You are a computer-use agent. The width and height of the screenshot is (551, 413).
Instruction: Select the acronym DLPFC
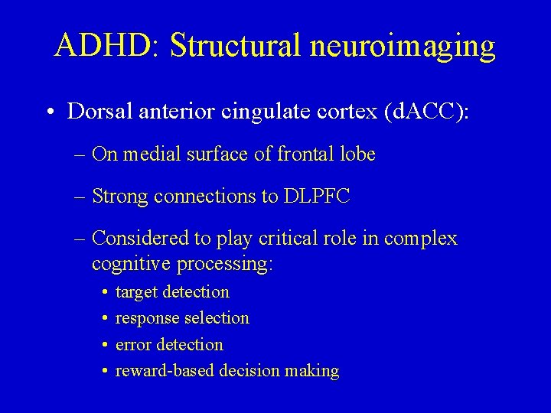click(x=316, y=197)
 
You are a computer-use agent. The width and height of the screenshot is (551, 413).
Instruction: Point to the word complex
click(x=423, y=239)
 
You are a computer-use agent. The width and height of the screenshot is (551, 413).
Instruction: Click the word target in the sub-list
click(x=138, y=292)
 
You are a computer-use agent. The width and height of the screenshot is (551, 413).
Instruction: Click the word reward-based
click(x=164, y=372)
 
